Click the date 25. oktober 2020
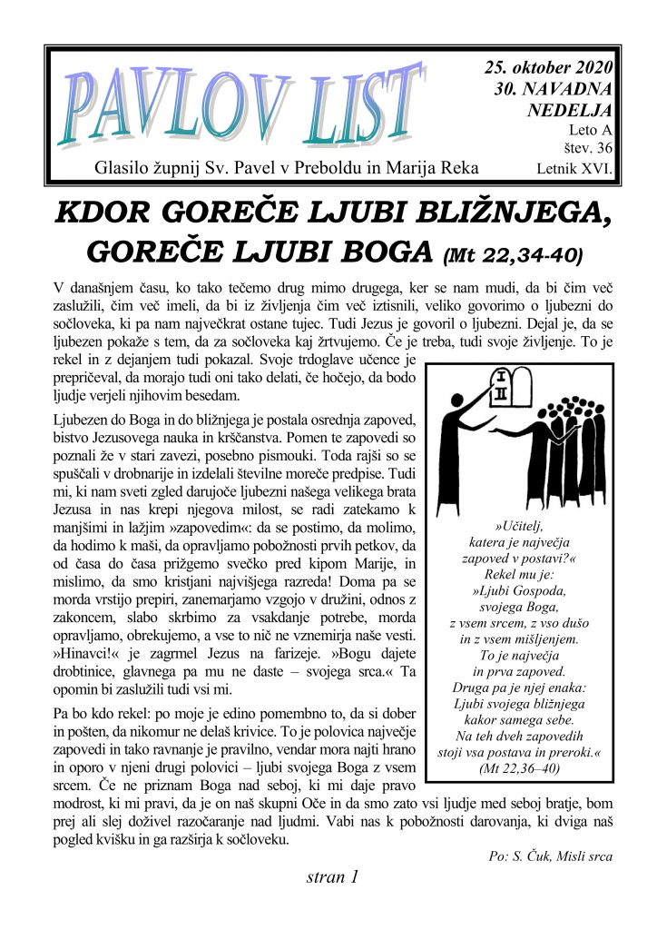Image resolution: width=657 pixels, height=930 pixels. point(548,69)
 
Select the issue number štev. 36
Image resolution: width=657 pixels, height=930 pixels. point(587,149)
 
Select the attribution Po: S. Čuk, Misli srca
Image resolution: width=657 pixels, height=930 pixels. point(550,856)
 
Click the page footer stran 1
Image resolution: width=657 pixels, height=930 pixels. point(333,877)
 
